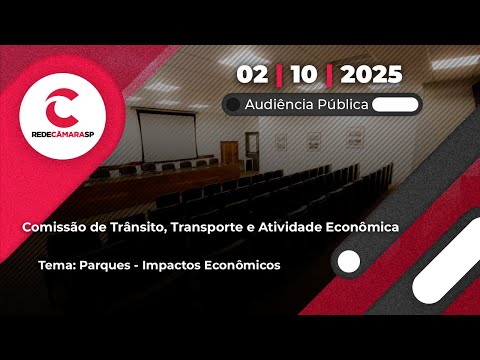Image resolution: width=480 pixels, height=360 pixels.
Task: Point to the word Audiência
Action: point(282,104)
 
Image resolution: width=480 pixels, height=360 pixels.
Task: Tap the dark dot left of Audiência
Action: point(233,104)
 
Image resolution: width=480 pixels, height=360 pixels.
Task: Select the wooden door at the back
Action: point(229,155)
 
